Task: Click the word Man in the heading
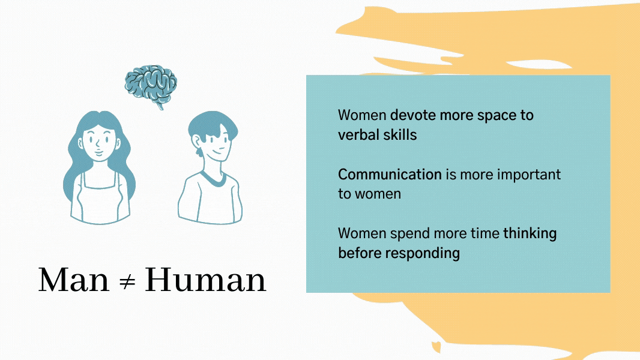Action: pyautogui.click(x=73, y=280)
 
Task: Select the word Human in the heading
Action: pyautogui.click(x=205, y=280)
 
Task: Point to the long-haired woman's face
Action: pyautogui.click(x=98, y=142)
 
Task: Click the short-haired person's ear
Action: pyautogui.click(x=196, y=141)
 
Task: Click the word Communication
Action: pyautogui.click(x=390, y=175)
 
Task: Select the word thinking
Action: pyautogui.click(x=530, y=234)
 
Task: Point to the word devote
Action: pyautogui.click(x=413, y=115)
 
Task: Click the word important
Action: pyautogui.click(x=528, y=175)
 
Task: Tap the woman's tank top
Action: pyautogui.click(x=100, y=201)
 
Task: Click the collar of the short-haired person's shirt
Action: pyautogui.click(x=213, y=179)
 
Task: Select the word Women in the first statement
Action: pyautogui.click(x=362, y=115)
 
